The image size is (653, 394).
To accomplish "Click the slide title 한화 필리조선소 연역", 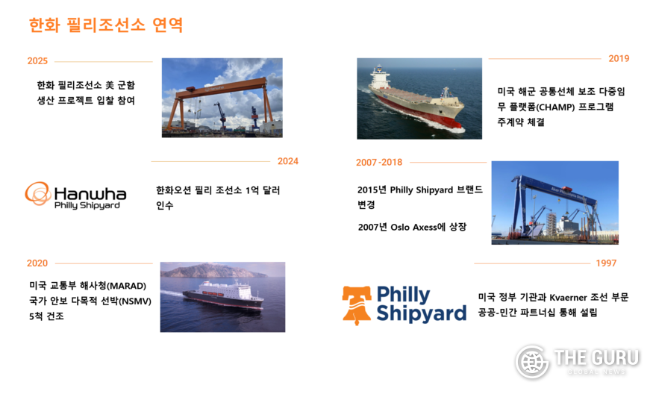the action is pyautogui.click(x=106, y=25).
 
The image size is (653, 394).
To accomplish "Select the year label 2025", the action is pyautogui.click(x=37, y=60).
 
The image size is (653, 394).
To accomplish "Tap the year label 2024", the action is pyautogui.click(x=288, y=161).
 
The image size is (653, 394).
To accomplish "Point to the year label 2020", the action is pyautogui.click(x=37, y=263).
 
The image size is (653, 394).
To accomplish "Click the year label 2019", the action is pyautogui.click(x=619, y=59).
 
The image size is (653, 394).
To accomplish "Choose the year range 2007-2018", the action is pyautogui.click(x=379, y=163).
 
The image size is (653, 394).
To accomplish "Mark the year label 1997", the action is pyautogui.click(x=606, y=263).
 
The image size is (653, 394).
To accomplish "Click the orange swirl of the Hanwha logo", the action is pyautogui.click(x=38, y=194).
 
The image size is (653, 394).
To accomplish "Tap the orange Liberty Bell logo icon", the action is pyautogui.click(x=357, y=305).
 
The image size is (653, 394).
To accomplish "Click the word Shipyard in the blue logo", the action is pyautogui.click(x=421, y=313).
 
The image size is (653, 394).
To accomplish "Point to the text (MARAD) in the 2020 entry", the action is pyautogui.click(x=127, y=286).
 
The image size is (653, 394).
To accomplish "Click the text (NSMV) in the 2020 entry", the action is pyautogui.click(x=135, y=301).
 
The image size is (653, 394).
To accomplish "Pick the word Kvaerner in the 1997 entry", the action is pyautogui.click(x=568, y=298).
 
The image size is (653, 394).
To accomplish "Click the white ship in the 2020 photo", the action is pyautogui.click(x=223, y=295).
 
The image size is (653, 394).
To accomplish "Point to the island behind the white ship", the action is pyautogui.click(x=213, y=271).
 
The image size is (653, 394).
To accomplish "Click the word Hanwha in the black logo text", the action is pyautogui.click(x=90, y=193).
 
